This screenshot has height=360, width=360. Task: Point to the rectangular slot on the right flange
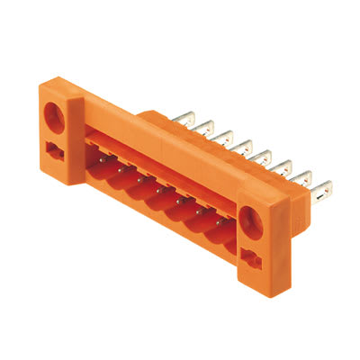coord(252,259)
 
